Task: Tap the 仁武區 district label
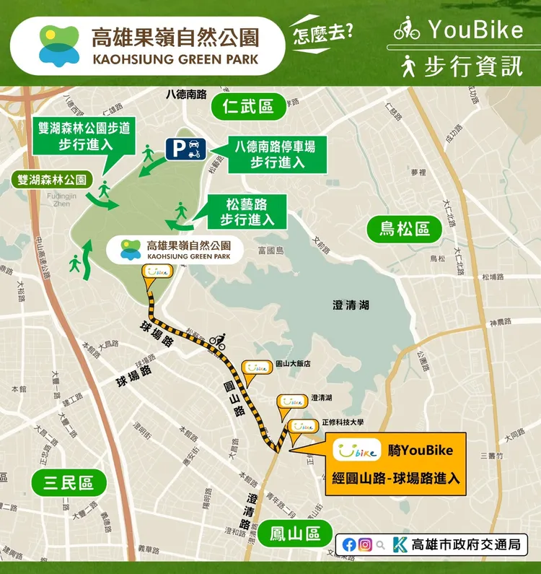[247, 108]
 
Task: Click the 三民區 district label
[69, 482]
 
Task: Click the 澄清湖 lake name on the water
[351, 305]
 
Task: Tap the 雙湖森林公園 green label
[52, 180]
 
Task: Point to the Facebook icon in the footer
[349, 545]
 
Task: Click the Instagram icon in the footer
[366, 545]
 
